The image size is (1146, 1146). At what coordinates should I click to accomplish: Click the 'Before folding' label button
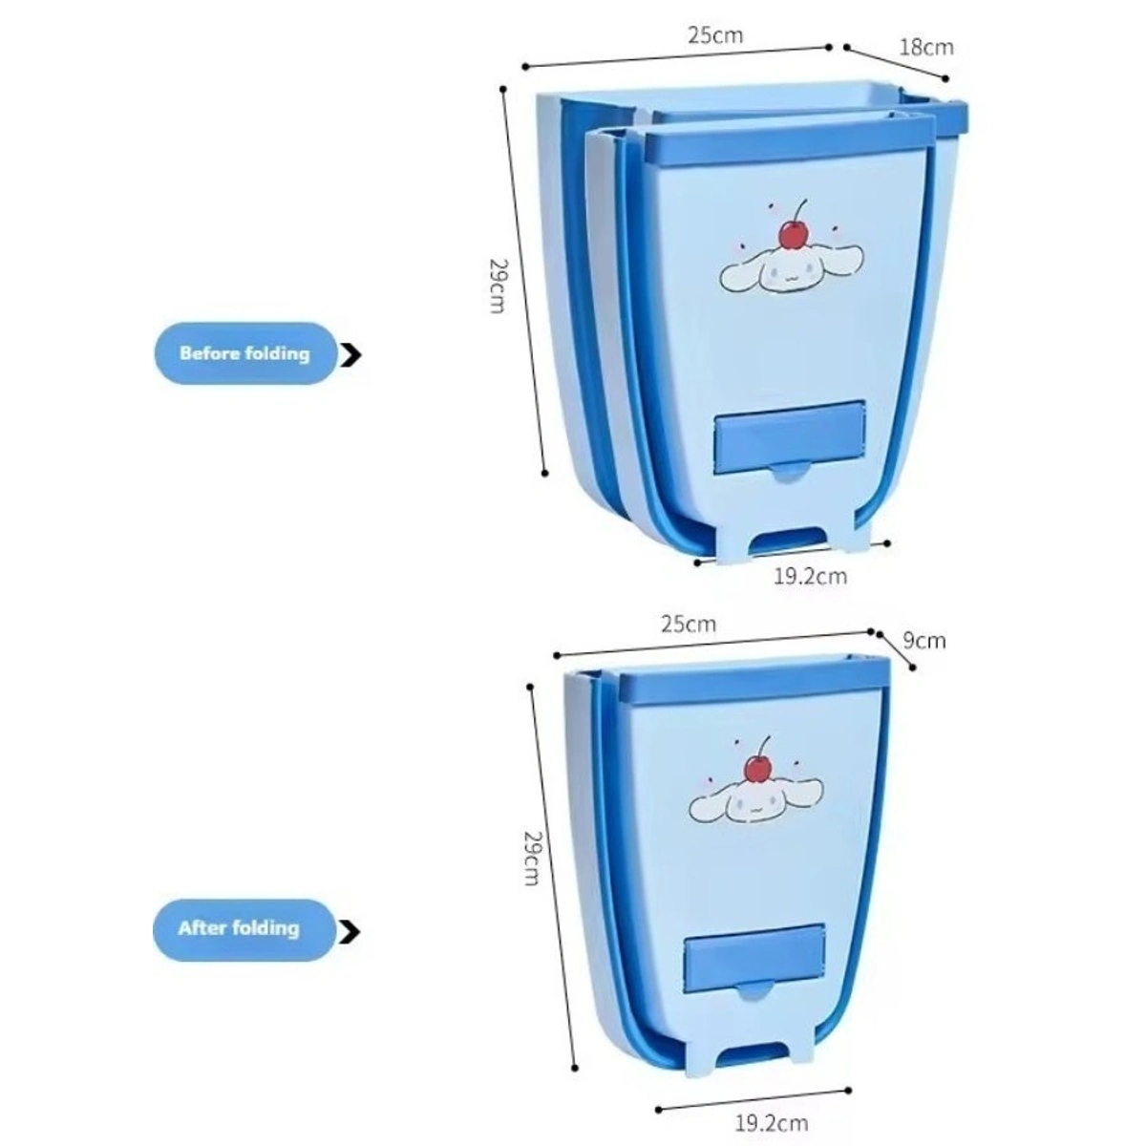pos(244,353)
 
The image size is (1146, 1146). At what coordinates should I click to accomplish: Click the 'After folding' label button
pos(239,928)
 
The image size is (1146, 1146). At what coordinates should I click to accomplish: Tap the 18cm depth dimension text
pos(926,46)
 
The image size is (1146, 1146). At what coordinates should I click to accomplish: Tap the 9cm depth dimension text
pos(923,640)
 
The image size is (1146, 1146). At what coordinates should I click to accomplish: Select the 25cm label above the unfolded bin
pos(714,36)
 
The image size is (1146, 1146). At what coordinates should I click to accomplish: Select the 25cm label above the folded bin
pos(688,625)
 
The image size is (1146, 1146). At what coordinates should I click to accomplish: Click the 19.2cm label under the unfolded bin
pos(810,577)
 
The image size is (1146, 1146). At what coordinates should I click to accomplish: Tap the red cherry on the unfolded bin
pos(792,233)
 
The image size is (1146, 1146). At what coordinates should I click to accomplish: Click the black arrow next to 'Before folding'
pos(352,355)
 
